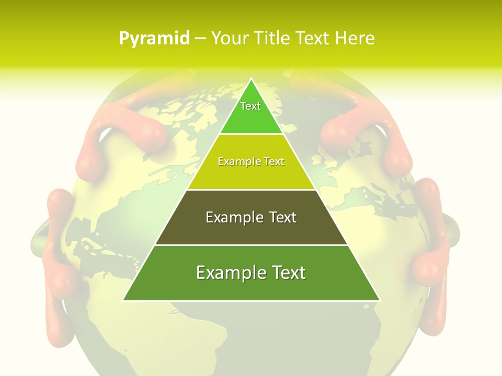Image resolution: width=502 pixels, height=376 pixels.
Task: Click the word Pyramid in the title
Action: (x=154, y=39)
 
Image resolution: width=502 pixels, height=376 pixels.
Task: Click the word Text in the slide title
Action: (x=313, y=39)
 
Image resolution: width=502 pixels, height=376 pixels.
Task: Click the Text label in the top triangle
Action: (x=250, y=106)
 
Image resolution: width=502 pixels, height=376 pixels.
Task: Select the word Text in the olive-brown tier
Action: (x=284, y=218)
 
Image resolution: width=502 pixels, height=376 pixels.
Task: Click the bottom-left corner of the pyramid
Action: (x=123, y=300)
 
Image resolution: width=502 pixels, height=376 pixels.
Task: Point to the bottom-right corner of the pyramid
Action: (x=380, y=300)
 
